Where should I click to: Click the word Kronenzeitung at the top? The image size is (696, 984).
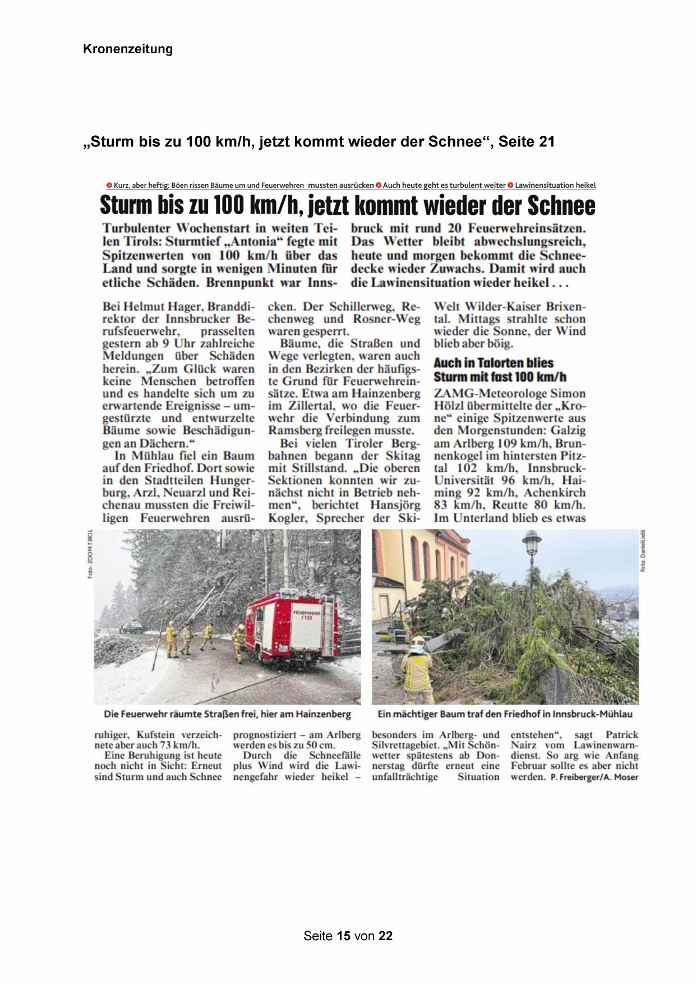128,49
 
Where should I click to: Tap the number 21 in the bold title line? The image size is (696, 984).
546,142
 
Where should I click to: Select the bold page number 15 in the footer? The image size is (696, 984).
344,936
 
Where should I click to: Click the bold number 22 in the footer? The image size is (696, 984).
385,936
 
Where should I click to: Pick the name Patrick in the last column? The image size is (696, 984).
621,735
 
